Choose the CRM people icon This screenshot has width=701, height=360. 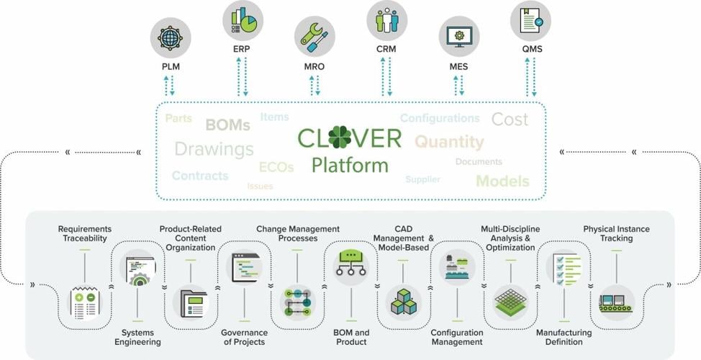387,20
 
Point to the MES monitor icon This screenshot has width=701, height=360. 458,36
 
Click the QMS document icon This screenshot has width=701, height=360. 531,20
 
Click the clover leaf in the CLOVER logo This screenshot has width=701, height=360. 340,137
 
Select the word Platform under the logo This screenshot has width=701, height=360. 350,165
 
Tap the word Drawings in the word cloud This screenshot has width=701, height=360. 214,149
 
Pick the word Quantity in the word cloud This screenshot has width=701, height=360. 449,141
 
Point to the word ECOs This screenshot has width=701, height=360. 276,167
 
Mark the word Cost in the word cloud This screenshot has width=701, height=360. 510,120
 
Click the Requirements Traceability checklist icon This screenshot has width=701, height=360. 85,302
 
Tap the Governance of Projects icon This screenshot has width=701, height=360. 244,268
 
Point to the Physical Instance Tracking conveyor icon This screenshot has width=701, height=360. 615,302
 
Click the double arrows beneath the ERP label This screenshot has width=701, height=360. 243,76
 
